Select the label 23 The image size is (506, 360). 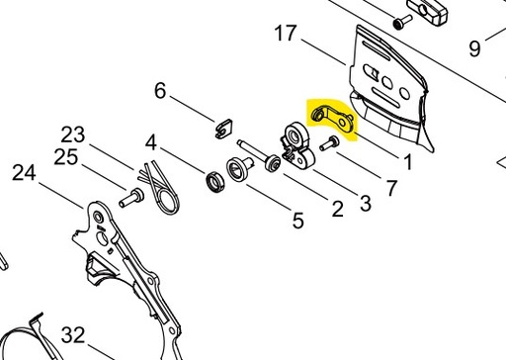click(x=75, y=134)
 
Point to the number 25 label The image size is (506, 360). click(x=66, y=156)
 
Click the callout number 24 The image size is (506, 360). click(x=23, y=174)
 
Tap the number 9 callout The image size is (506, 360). click(x=474, y=46)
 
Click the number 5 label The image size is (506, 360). click(x=297, y=221)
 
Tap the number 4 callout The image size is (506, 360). click(x=151, y=141)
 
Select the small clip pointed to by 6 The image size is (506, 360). click(x=222, y=126)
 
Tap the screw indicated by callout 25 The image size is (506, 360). click(x=128, y=197)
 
